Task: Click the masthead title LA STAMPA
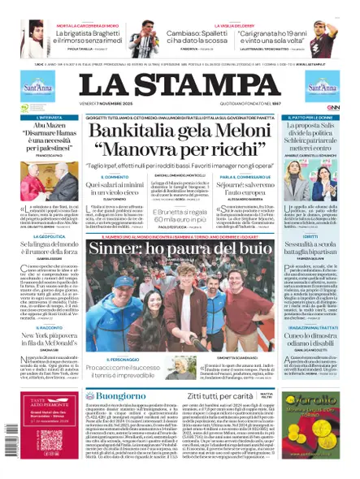(x=180, y=87)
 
